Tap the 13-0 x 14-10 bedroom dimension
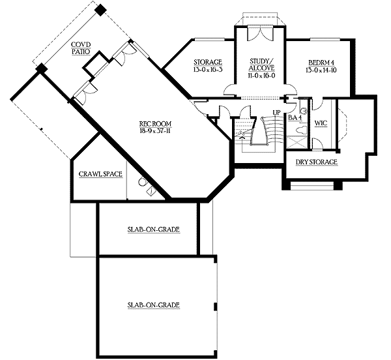pyautogui.click(x=319, y=69)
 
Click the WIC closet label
pyautogui.click(x=321, y=123)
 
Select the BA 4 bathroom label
pyautogui.click(x=295, y=118)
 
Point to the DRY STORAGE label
pyautogui.click(x=317, y=162)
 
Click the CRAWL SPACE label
pyautogui.click(x=100, y=175)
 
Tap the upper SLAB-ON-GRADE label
pyautogui.click(x=154, y=230)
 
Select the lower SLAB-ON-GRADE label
pyautogui.click(x=154, y=305)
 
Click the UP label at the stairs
pyautogui.click(x=276, y=113)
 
